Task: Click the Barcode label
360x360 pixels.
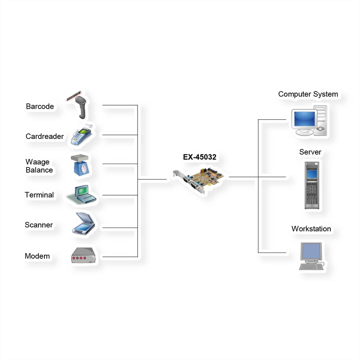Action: point(40,106)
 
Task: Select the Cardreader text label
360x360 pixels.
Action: point(45,136)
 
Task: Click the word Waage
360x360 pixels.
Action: point(37,162)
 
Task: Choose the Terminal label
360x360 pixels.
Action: point(39,195)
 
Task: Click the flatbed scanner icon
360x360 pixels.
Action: point(84,223)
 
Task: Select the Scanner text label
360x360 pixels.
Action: point(39,225)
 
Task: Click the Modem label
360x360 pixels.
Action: point(37,256)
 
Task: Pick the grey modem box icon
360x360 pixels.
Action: point(83,256)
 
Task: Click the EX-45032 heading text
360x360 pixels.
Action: point(199,157)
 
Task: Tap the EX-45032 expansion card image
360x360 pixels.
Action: point(198,180)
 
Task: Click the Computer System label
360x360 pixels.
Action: point(308,94)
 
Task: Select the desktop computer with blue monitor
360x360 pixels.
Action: point(309,121)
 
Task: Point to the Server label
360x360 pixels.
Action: point(310,152)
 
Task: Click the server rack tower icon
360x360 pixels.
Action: point(312,185)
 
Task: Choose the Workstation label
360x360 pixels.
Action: point(311,229)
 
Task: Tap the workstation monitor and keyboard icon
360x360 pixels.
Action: point(312,256)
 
